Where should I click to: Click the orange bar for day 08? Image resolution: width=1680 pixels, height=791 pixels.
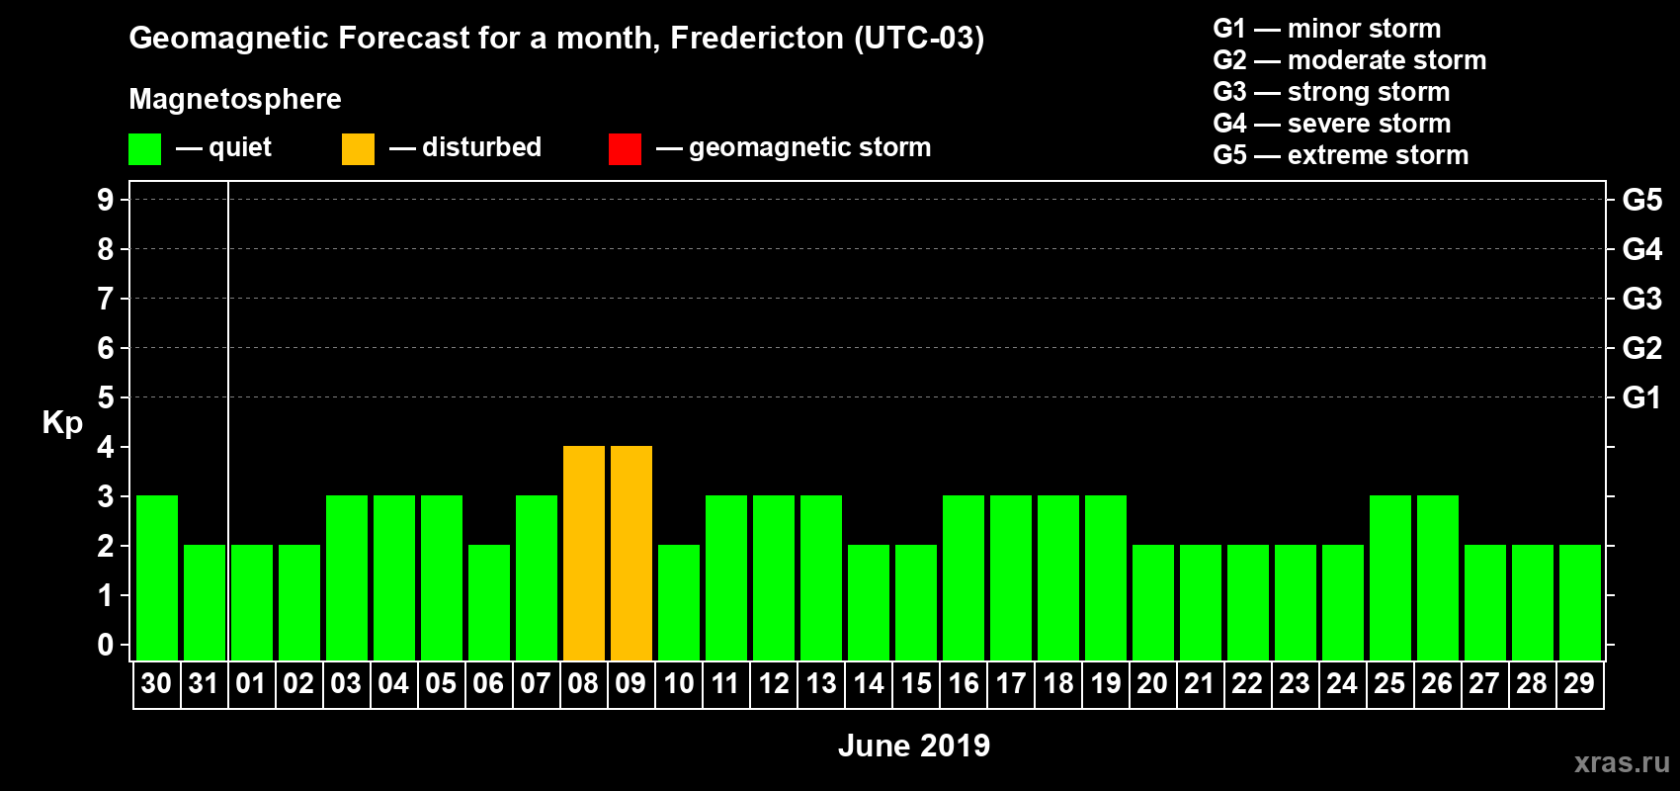[x=583, y=553]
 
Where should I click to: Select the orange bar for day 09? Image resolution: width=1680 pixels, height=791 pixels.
[x=631, y=553]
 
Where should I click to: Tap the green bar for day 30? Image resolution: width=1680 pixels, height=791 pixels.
[x=157, y=577]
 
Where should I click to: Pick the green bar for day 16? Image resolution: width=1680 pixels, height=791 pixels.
[x=964, y=577]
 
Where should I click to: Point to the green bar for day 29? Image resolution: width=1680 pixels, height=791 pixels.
[x=1580, y=602]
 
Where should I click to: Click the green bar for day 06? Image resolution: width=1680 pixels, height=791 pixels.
[x=489, y=602]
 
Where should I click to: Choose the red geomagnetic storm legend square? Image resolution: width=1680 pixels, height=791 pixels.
[x=626, y=148]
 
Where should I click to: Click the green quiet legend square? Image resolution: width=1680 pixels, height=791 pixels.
[x=144, y=148]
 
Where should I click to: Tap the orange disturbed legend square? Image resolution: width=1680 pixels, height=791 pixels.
[x=358, y=148]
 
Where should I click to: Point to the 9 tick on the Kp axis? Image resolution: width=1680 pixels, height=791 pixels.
[x=105, y=200]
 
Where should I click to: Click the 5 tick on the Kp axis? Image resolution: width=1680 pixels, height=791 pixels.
[x=105, y=397]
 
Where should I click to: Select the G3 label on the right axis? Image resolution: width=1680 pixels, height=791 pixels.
[x=1641, y=299]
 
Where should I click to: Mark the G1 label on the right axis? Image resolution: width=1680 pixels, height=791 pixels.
[x=1641, y=397]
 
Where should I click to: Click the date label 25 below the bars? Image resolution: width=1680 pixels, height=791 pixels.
[x=1389, y=683]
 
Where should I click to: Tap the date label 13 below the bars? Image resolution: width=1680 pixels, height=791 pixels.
[x=821, y=683]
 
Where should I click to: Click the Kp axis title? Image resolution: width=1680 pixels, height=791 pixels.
[x=62, y=423]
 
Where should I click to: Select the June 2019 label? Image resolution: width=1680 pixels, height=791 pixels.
[x=914, y=746]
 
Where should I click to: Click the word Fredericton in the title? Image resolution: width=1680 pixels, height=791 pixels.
[x=757, y=38]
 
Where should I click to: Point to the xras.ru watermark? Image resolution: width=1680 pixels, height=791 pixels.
[x=1622, y=763]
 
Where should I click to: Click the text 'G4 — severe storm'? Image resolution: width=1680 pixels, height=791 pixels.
[x=1332, y=123]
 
